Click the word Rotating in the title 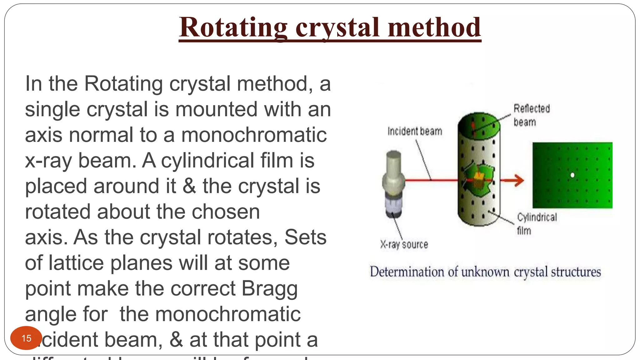(233, 28)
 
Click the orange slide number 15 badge (26, 338)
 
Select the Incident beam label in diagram (415, 131)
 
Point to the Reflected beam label (531, 115)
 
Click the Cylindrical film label (536, 223)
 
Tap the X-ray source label (404, 244)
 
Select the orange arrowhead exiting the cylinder (518, 180)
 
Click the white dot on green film (572, 175)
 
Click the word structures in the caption (576, 272)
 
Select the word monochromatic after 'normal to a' (254, 135)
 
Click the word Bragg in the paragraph (269, 288)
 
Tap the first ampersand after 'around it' (189, 186)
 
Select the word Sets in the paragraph (305, 237)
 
